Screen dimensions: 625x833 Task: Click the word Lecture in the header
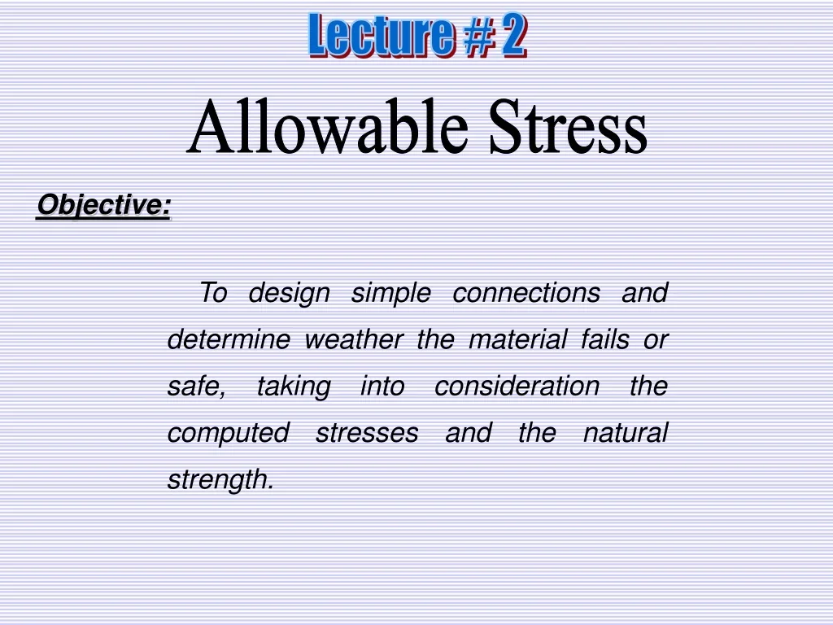coord(378,37)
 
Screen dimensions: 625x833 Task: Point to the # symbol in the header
coord(475,37)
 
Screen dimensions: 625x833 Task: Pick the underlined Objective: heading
coord(103,205)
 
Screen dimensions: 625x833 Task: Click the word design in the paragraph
coord(289,293)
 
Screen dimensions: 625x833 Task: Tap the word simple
coord(390,293)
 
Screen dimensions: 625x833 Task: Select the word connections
coord(526,293)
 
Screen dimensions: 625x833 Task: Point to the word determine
coord(228,339)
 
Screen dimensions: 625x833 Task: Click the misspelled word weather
coord(353,339)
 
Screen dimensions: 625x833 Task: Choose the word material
coord(517,339)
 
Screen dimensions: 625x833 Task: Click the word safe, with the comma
coord(196,386)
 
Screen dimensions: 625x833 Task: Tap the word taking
coord(293,387)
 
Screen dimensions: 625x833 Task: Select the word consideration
coord(517,386)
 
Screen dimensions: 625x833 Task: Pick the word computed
coord(228,434)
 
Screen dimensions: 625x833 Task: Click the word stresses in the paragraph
coord(366,433)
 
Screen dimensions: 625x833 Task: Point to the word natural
coord(625,433)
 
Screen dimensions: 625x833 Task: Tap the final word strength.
coord(220,480)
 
